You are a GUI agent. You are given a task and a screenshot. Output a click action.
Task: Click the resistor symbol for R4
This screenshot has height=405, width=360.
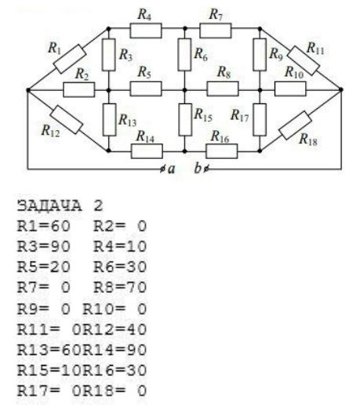[146, 31]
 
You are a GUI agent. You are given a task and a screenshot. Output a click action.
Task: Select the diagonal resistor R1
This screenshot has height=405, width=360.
[70, 59]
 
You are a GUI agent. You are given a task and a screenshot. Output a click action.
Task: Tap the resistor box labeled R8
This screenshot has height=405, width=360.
[223, 89]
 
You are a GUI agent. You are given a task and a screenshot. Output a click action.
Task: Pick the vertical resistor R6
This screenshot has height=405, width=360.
[184, 55]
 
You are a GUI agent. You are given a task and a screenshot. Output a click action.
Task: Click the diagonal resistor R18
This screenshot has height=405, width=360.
[296, 125]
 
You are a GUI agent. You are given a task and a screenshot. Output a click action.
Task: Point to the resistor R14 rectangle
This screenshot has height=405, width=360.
[147, 151]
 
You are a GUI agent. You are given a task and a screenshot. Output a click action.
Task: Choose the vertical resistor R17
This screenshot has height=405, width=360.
[260, 120]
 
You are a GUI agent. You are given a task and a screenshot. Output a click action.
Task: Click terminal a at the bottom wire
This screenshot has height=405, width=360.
[162, 169]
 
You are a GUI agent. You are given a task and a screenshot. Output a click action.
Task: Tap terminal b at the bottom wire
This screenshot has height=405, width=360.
[205, 169]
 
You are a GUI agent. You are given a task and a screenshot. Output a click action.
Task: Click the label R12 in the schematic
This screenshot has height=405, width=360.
[50, 131]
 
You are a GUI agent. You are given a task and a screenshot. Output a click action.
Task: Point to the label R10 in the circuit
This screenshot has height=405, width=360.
[294, 72]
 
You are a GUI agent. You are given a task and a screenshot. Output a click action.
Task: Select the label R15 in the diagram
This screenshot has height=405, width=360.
[203, 115]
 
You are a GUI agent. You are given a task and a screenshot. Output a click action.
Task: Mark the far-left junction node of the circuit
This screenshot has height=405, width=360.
[28, 90]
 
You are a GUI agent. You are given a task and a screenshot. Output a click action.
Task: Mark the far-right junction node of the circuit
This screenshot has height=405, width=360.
[341, 89]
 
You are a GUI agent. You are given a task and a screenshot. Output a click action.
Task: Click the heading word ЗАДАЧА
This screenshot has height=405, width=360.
[49, 205]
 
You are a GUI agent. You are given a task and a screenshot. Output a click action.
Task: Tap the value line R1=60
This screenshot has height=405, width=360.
[44, 226]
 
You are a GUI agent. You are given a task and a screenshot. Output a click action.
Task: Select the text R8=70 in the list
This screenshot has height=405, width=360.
[120, 287]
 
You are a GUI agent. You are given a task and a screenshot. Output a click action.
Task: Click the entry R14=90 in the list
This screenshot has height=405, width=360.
[115, 349]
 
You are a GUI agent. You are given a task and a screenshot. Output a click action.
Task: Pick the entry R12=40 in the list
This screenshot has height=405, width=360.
[115, 329]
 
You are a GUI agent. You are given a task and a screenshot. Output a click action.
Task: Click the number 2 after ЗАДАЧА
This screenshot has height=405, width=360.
[98, 206]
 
